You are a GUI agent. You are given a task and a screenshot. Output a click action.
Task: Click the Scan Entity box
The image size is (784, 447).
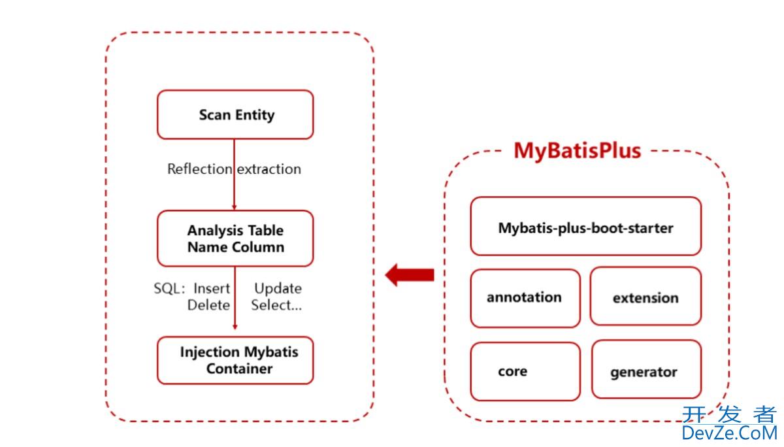point(235,115)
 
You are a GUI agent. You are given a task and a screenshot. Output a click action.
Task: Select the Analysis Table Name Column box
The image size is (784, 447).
point(235,239)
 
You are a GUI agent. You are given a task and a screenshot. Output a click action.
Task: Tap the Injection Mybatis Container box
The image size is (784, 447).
point(235,360)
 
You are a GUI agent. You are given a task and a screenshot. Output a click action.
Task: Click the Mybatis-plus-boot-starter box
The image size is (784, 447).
point(585,227)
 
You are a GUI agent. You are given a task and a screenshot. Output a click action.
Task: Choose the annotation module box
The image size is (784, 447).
point(525,298)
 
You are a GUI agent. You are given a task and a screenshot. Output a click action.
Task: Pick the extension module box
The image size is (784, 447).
point(645,297)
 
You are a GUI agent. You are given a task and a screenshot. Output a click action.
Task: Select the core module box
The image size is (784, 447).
point(525,371)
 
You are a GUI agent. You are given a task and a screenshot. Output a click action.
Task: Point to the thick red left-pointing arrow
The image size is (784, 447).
point(410,274)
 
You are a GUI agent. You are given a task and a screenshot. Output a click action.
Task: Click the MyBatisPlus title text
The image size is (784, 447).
point(578,150)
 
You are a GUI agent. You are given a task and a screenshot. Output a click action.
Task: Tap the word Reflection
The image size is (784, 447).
point(199,169)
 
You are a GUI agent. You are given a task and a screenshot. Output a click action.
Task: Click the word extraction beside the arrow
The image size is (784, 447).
point(269,169)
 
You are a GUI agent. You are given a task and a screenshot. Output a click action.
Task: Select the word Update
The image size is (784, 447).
point(278,288)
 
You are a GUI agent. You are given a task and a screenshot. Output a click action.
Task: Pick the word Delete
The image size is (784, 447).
point(208,305)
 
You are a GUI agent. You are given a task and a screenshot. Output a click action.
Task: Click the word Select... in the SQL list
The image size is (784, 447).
point(276,305)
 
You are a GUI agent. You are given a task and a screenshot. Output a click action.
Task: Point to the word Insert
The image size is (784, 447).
point(212,288)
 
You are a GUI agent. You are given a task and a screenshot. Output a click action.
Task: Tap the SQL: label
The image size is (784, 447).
point(171,288)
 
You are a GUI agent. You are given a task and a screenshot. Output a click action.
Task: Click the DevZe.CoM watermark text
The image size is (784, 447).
point(729,432)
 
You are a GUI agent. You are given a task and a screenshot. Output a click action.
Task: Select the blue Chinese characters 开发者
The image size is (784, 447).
point(729,414)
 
